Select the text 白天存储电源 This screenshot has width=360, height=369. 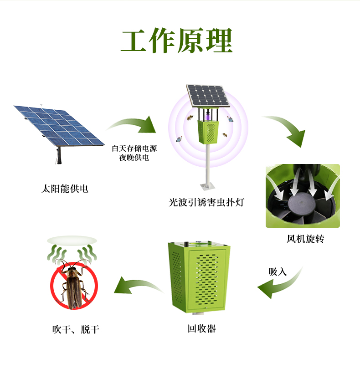click(x=134, y=149)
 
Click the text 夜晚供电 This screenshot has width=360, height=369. click(x=134, y=158)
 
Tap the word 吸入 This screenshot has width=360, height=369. click(x=278, y=272)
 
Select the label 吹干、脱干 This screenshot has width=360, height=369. click(x=76, y=329)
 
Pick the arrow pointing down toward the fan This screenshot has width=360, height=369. click(x=287, y=130)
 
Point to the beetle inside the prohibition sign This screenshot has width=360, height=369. click(x=72, y=285)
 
